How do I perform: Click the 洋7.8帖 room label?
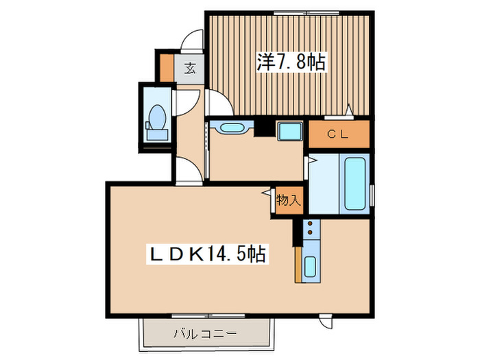coord(291,62)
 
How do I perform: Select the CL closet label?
coord(338,134)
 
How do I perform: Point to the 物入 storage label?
coord(288,201)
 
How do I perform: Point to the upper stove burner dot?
coord(309,224)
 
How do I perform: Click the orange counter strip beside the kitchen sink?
coord(298,264)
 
